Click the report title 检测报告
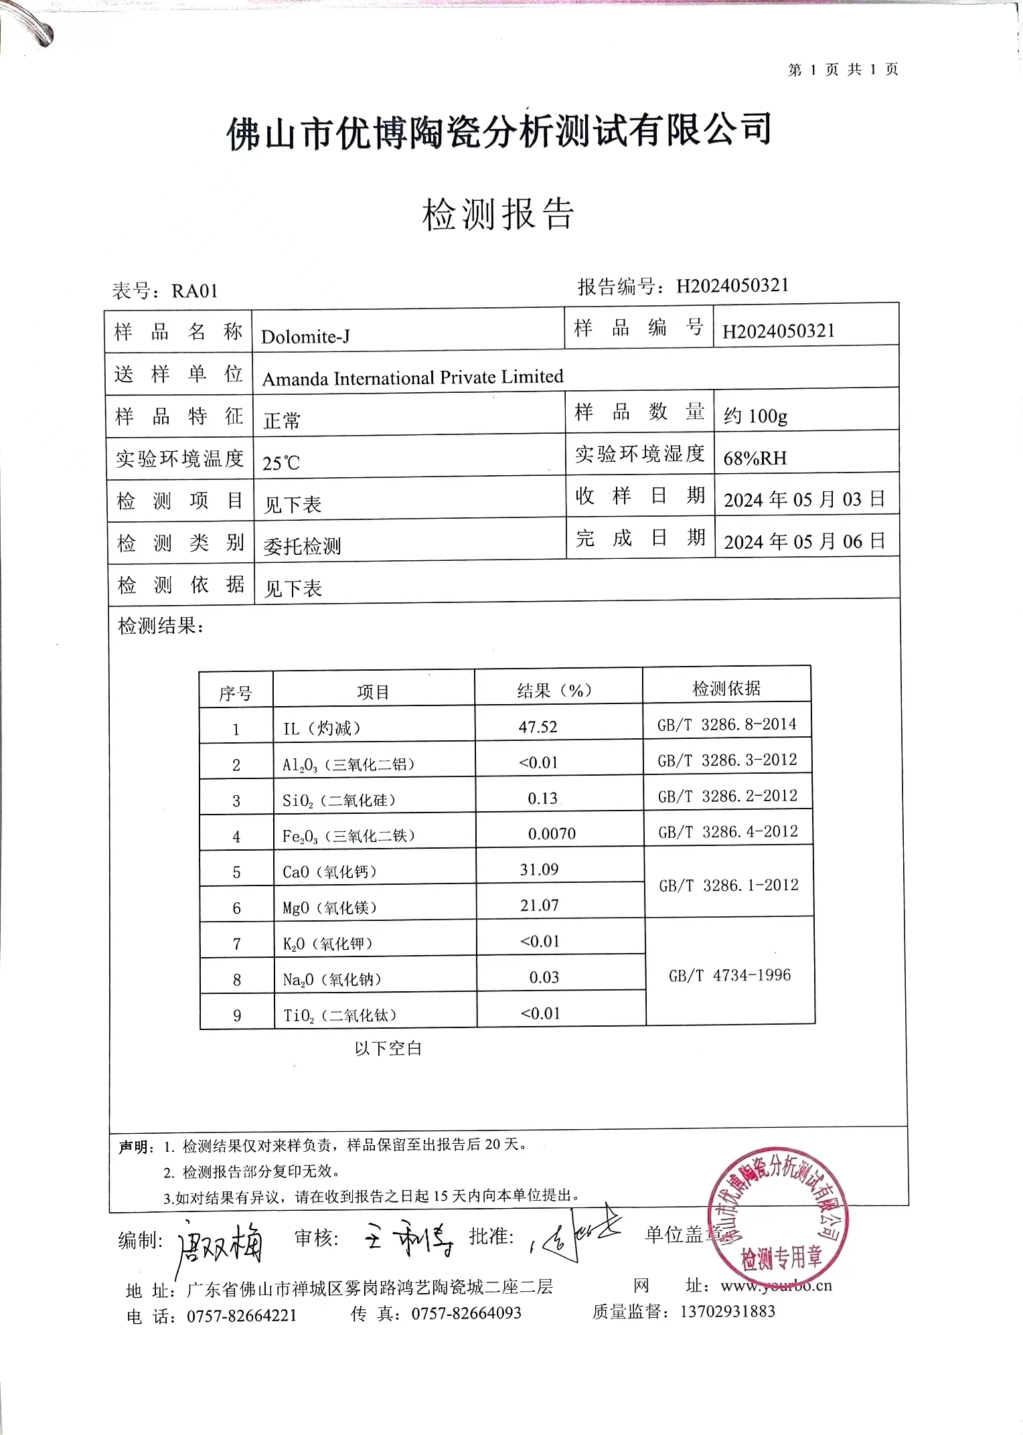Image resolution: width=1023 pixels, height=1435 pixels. pos(498,215)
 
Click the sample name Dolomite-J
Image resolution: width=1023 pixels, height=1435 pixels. pos(305,337)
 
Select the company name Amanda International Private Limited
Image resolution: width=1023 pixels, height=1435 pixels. pos(412,378)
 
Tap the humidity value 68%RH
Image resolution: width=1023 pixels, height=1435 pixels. pos(755,458)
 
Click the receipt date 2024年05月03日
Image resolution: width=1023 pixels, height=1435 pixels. pos(804,499)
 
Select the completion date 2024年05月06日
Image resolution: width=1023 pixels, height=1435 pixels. pos(804,541)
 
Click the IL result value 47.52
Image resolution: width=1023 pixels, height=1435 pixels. pos(538,727)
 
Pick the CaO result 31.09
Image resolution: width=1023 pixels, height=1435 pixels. pos(539,869)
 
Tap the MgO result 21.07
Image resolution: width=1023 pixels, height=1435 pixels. pos(539,906)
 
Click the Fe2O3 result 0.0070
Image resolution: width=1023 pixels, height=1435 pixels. pos(552,834)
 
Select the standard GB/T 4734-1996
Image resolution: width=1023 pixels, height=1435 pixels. pos(730,975)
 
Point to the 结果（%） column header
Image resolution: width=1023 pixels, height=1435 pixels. pos(554,691)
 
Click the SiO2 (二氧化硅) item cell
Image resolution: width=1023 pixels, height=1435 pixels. pos(339,800)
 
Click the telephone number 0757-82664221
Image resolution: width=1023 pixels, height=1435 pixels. pos(241,1316)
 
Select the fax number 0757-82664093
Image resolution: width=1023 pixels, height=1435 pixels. pos(466,1313)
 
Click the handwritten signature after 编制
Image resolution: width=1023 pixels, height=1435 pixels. pos(220,1242)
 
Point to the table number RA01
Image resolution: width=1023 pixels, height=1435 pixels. pos(195,291)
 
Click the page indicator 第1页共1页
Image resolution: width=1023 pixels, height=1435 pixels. pos(843,70)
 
